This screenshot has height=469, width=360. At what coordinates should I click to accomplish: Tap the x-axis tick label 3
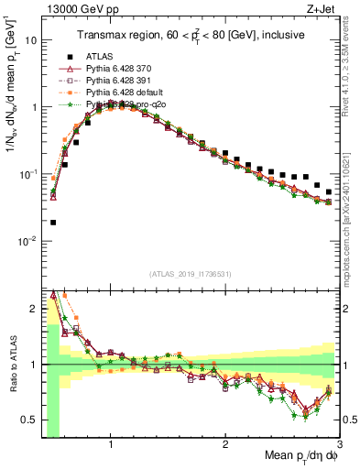tap(339, 444)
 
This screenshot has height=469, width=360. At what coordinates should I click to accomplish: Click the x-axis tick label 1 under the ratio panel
tap(110, 444)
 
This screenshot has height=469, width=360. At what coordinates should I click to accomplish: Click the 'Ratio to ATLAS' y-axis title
tap(10, 365)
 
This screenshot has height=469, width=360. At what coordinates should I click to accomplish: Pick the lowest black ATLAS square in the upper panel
tap(53, 222)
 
